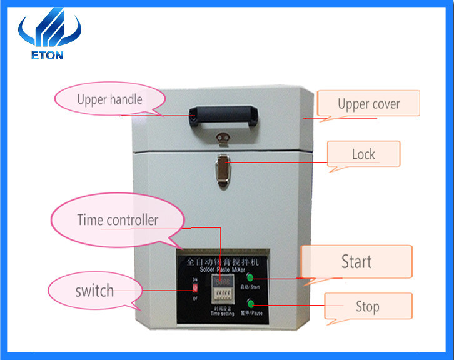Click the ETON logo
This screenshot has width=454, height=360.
pyautogui.click(x=49, y=34)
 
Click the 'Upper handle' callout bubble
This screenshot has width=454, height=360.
pyautogui.click(x=110, y=99)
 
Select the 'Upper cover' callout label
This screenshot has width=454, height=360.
pyautogui.click(x=368, y=104)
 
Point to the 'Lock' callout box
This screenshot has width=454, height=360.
pyautogui.click(x=363, y=154)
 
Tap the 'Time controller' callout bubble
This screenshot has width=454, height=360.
pyautogui.click(x=118, y=220)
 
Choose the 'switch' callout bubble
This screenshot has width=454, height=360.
pyautogui.click(x=94, y=291)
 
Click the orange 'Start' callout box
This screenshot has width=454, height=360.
pyautogui.click(x=356, y=261)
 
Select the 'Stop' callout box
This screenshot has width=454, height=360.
pyautogui.click(x=368, y=306)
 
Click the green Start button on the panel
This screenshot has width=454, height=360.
pyautogui.click(x=250, y=277)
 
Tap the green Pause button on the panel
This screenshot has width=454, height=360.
pyautogui.click(x=251, y=304)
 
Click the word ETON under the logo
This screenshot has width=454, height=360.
pyautogui.click(x=47, y=54)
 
